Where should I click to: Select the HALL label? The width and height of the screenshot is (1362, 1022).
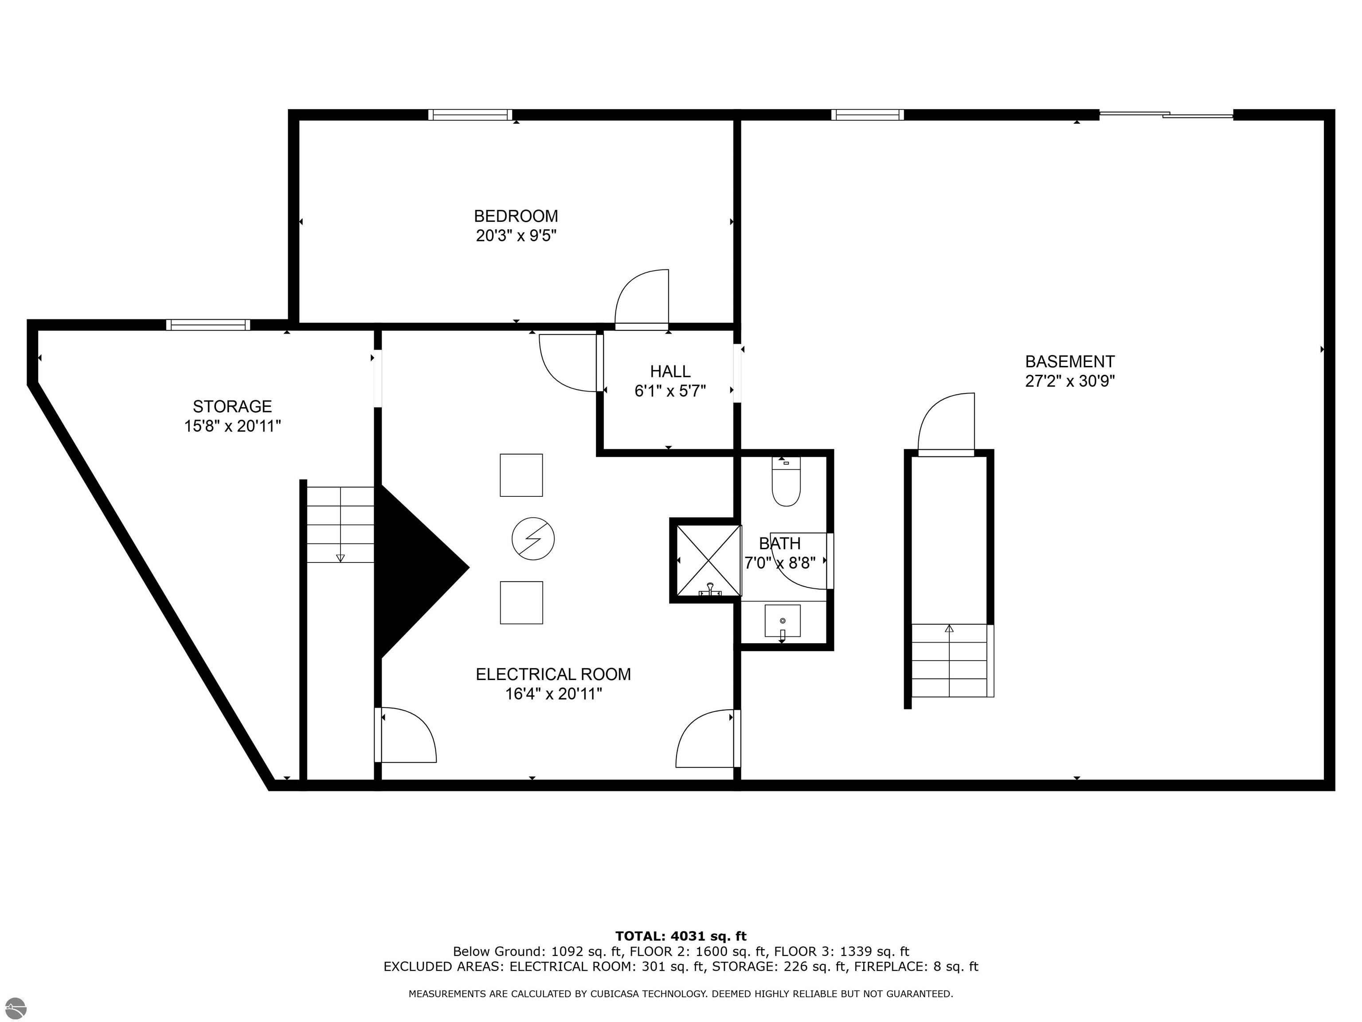point(670,371)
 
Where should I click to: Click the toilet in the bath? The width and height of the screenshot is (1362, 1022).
point(786,483)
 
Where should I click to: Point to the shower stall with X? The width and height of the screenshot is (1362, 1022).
point(708,560)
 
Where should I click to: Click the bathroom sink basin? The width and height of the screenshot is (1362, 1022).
point(782,621)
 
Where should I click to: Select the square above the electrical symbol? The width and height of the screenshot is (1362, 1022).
point(521,475)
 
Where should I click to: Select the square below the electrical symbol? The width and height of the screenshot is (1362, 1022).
point(521,602)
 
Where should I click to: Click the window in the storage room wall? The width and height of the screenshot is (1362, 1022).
point(208,325)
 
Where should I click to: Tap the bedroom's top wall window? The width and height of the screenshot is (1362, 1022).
point(470,114)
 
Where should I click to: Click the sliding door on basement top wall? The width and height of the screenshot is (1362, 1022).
point(1166,114)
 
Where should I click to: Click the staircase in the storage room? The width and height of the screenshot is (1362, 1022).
point(340,524)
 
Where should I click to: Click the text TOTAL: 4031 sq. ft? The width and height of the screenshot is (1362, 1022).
point(681,936)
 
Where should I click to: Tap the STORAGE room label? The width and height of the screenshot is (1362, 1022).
point(232,407)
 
